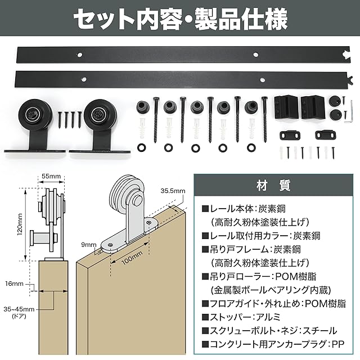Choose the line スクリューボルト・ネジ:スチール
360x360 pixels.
[x=269, y=330]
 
